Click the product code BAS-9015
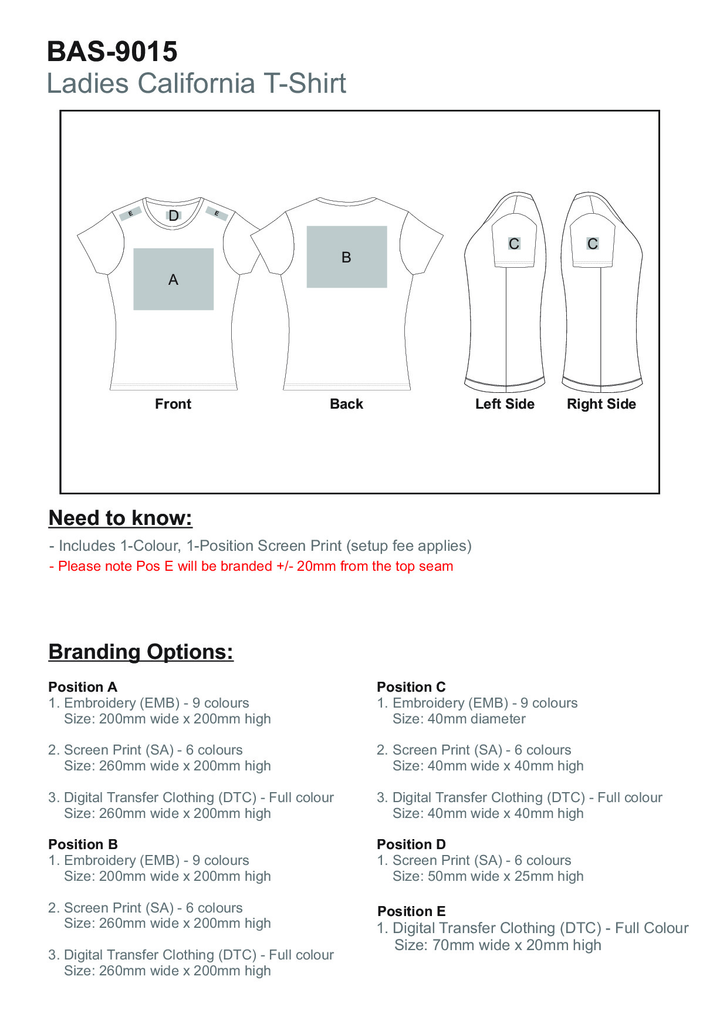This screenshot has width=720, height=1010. [112, 52]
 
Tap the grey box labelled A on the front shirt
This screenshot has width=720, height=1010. [173, 279]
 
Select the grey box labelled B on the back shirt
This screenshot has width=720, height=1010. [346, 257]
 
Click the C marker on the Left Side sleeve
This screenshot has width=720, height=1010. [514, 243]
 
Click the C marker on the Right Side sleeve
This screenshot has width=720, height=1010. [593, 243]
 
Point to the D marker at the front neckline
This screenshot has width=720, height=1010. [174, 216]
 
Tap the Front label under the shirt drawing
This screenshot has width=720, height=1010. [173, 404]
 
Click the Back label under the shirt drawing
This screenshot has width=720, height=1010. [346, 404]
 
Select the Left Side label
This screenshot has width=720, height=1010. [505, 404]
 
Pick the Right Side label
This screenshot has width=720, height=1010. [601, 404]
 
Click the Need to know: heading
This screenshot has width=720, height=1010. [120, 518]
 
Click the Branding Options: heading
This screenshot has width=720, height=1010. [141, 652]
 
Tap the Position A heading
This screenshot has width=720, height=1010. [83, 687]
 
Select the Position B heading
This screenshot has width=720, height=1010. [83, 844]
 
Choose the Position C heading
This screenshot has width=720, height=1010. [411, 687]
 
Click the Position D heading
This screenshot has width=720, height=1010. [411, 844]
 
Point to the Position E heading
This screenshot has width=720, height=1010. [411, 911]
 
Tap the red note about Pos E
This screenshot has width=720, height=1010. [251, 566]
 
